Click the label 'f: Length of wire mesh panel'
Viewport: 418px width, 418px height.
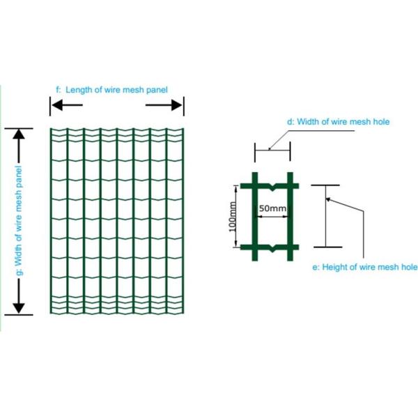(x=111, y=90)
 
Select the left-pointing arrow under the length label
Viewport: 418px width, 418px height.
(x=67, y=105)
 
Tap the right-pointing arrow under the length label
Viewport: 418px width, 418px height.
(x=164, y=105)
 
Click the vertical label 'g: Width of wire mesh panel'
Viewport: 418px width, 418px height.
(x=18, y=220)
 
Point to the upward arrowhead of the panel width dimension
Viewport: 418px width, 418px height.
(x=19, y=134)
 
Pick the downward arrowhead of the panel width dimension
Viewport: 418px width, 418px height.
(x=19, y=309)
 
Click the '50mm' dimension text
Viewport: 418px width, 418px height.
(x=272, y=208)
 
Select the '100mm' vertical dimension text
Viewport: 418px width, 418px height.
(x=233, y=217)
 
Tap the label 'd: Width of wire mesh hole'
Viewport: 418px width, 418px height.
(x=338, y=122)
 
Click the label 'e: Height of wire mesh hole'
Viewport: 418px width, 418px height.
(x=365, y=267)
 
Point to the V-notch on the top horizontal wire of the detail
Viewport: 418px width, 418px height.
(x=272, y=187)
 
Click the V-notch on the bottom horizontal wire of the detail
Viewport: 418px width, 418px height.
(x=272, y=249)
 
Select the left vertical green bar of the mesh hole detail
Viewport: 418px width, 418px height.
(x=255, y=217)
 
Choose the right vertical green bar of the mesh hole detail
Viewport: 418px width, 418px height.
(x=290, y=217)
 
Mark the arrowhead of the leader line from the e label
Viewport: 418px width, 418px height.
(x=328, y=199)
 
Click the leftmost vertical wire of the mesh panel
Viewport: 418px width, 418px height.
(x=51, y=221)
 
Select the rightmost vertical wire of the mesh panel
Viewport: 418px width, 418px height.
(x=183, y=221)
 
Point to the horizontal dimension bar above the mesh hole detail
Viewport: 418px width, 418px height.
(x=272, y=150)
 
